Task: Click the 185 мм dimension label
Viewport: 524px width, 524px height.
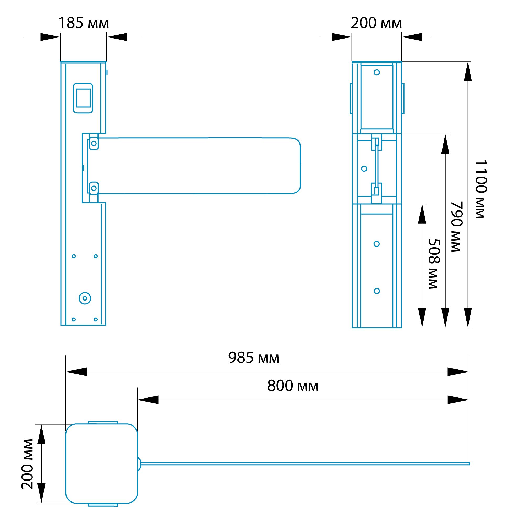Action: pos(84,23)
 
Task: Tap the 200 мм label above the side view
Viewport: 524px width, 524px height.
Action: pos(376,23)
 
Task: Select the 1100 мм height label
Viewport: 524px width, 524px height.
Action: pos(481,189)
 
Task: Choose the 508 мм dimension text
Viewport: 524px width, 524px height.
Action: pos(434,264)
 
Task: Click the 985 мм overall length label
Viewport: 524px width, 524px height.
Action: pos(254,358)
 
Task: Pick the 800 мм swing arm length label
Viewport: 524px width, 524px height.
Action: pos(293,386)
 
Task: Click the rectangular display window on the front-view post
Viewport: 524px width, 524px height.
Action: pos(83,98)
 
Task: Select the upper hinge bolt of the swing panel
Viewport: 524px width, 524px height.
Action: pos(94,144)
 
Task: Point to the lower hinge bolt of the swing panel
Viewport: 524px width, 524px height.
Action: pos(94,188)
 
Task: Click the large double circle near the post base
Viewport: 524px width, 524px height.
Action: pos(85,298)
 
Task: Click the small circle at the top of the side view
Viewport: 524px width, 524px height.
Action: pos(377,72)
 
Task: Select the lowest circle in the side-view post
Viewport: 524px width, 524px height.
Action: pos(377,291)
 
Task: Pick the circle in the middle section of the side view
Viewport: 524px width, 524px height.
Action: pos(364,169)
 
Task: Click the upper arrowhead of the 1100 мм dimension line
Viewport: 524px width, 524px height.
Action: pos(468,72)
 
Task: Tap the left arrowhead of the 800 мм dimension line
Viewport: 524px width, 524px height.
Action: pos(148,400)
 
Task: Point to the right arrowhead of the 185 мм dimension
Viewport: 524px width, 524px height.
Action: pos(117,37)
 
